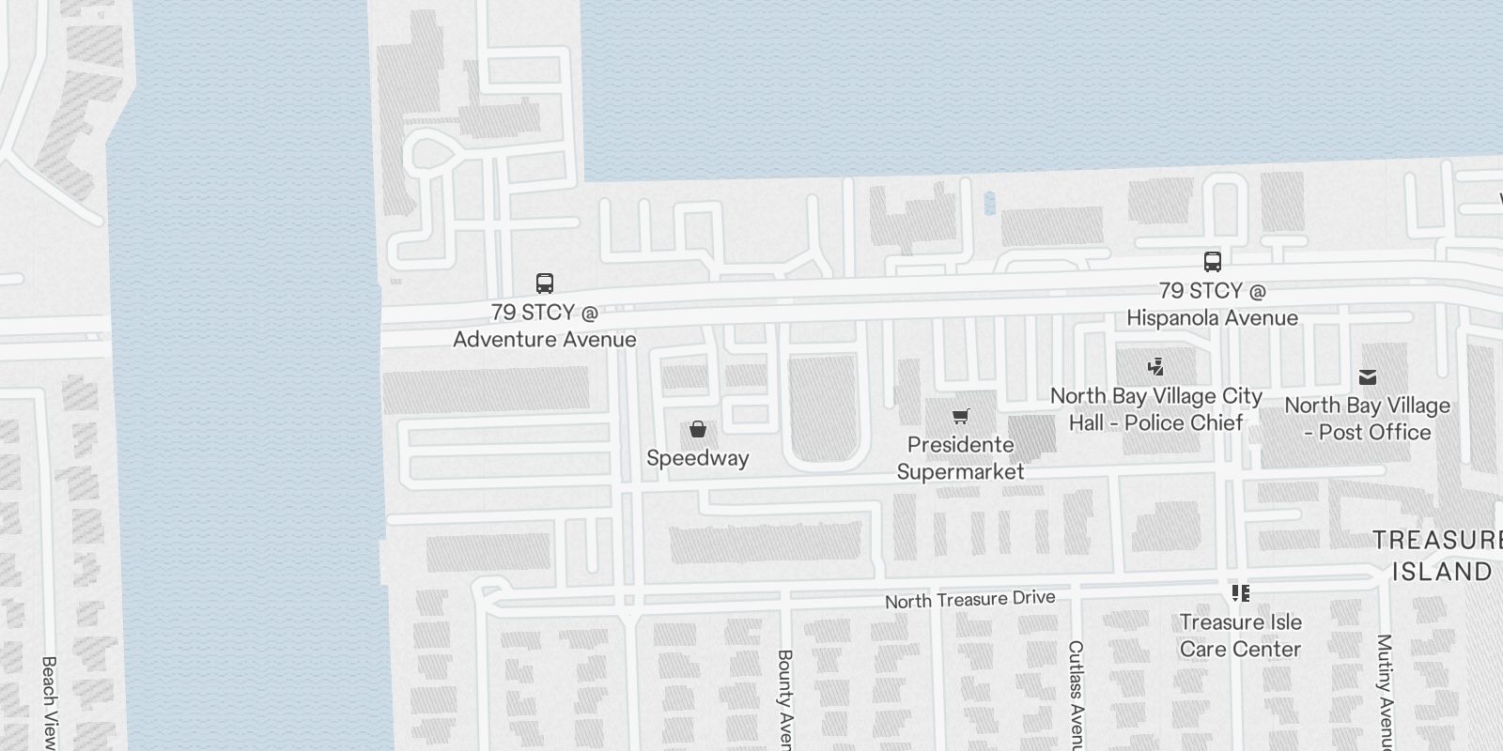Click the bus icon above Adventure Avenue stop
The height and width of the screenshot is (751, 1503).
pos(544,283)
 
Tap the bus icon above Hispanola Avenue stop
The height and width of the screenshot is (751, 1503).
pos(1212,262)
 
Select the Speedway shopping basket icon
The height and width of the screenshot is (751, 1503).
pos(698,430)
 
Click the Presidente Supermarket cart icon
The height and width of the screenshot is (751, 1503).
pos(960,416)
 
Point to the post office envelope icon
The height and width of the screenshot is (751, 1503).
pos(1368,377)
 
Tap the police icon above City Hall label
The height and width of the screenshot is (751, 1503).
pos(1155,367)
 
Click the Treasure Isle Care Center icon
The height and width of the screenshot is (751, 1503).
pos(1241,593)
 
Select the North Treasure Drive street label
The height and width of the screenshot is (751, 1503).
pos(969,599)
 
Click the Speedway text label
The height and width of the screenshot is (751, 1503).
pos(698,458)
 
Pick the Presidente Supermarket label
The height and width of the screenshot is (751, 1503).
pos(960,458)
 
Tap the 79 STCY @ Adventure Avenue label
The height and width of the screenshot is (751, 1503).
pos(545,326)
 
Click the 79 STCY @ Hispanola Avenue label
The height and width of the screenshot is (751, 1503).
pos(1212,304)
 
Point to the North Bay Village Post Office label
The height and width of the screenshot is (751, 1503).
pos(1368,419)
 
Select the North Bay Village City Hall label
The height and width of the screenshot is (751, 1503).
pos(1155,409)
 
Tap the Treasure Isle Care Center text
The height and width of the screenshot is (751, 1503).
pos(1241,636)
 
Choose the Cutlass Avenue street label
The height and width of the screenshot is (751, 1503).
pos(1076,695)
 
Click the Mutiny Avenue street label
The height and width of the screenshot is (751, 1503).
pos(1384,690)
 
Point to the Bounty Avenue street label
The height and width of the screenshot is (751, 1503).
pos(785,699)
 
